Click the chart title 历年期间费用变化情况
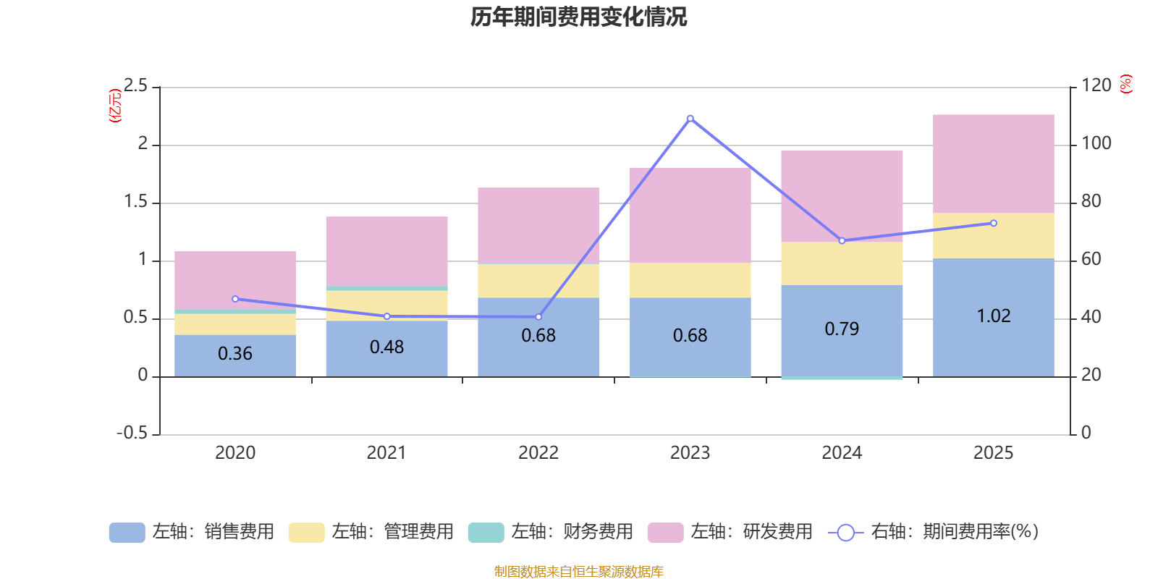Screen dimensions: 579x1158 [578, 17]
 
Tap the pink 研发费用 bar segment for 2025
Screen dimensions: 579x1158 [993, 164]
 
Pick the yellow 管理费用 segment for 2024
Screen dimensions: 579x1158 [842, 263]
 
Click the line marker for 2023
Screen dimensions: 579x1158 [690, 118]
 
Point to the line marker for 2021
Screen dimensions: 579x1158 [386, 316]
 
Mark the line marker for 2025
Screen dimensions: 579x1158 [993, 223]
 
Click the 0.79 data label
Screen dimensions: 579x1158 [842, 329]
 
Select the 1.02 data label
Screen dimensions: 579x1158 [993, 316]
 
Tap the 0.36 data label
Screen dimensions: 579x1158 [235, 354]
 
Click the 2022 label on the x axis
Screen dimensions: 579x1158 [538, 453]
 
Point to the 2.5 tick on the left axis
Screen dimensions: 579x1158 [135, 86]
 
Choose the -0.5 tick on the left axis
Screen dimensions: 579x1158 [132, 433]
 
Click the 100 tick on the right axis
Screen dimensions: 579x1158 [1096, 143]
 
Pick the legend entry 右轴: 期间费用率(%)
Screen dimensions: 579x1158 [933, 532]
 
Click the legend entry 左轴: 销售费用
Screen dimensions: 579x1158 [192, 532]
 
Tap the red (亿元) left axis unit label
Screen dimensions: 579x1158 [114, 106]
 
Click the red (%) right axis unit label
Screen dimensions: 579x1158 [1126, 84]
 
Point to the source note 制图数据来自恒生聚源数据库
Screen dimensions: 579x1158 [578, 572]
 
